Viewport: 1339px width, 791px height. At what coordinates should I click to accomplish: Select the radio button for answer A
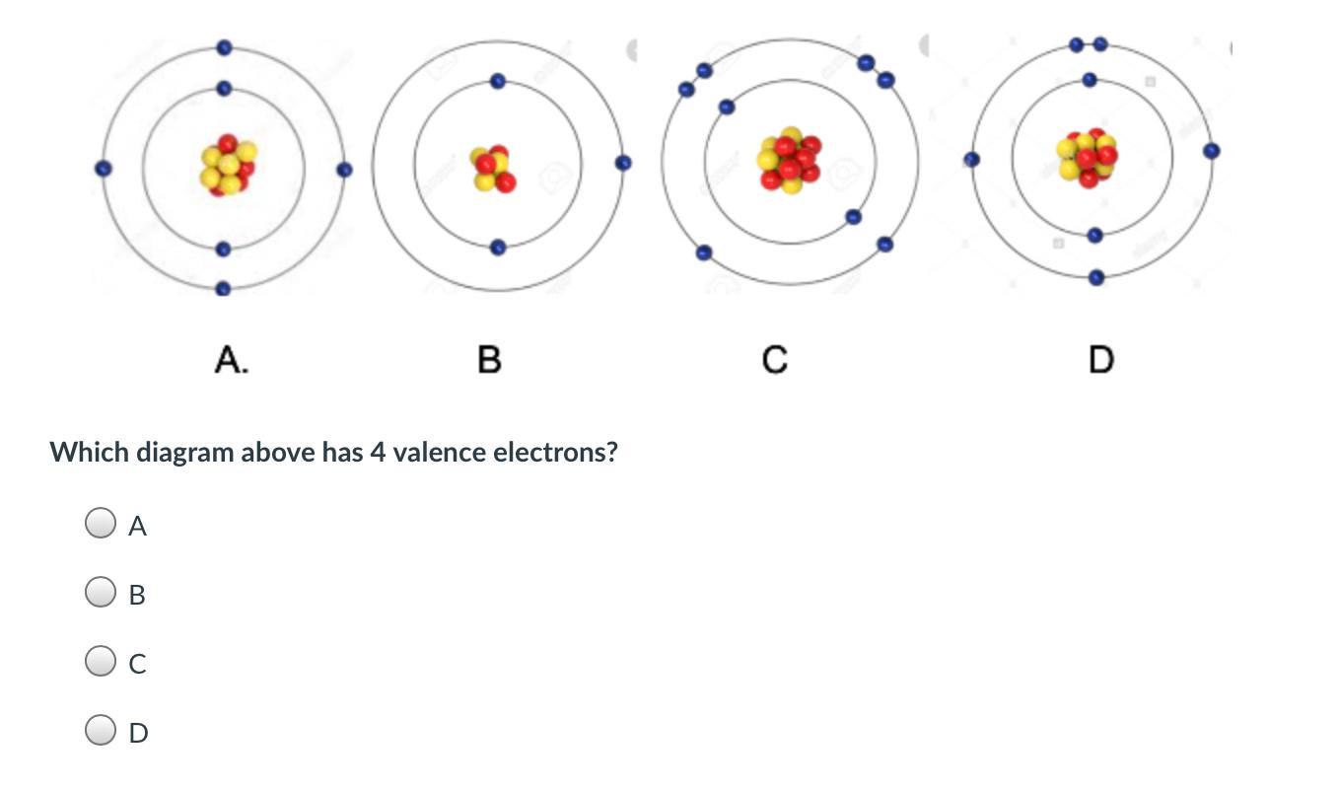pos(100,524)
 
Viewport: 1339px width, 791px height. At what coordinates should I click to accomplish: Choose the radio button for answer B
pos(100,593)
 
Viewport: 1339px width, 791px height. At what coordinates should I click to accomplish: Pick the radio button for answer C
pos(100,662)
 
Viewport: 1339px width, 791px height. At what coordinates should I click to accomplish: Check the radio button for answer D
pos(100,731)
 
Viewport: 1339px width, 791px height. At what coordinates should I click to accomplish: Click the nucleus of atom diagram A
pos(228,165)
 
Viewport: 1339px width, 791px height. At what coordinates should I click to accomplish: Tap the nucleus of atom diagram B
pos(492,168)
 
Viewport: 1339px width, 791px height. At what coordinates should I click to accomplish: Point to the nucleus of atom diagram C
pos(789,160)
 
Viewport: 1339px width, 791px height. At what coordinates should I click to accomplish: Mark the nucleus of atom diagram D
pos(1087,157)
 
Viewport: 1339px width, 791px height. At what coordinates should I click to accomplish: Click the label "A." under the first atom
pos(231,361)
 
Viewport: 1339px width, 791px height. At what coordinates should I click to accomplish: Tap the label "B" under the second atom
pos(489,361)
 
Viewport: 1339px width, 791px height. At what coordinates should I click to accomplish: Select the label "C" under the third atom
pos(775,361)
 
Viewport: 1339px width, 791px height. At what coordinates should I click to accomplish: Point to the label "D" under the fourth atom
pos(1100,361)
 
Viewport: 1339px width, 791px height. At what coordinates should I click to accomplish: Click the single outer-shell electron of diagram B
pos(623,163)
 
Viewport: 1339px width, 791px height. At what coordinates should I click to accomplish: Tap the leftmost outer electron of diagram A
pos(102,169)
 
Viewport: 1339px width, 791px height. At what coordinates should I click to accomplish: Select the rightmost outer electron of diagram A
pos(344,170)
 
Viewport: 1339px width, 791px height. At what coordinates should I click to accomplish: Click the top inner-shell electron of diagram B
pos(498,81)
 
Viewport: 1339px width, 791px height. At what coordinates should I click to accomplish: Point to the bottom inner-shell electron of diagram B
pos(498,248)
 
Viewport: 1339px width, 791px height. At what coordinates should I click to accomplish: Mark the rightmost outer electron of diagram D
pos(1212,151)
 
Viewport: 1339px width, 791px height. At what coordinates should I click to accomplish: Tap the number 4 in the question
pos(377,453)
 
